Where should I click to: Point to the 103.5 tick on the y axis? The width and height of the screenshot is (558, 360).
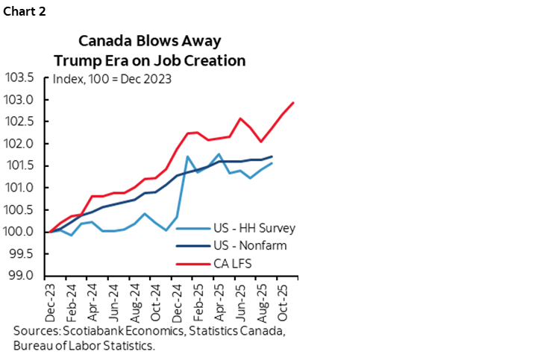[x=21, y=78]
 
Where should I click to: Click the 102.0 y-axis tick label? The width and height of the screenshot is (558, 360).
[x=21, y=144]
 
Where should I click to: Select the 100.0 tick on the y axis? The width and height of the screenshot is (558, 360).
[x=21, y=232]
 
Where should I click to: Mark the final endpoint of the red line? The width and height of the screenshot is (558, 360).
[x=293, y=103]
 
